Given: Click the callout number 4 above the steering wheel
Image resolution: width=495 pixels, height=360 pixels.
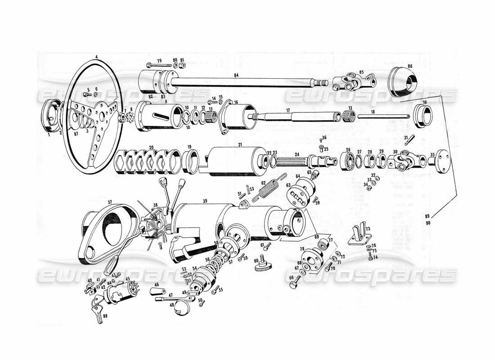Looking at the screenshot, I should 96,57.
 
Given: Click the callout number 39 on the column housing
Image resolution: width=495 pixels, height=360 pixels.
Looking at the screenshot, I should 205,200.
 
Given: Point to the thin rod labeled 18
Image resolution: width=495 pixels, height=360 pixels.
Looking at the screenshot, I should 382,117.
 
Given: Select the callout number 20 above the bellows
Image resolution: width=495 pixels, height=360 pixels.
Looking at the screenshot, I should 151,148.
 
